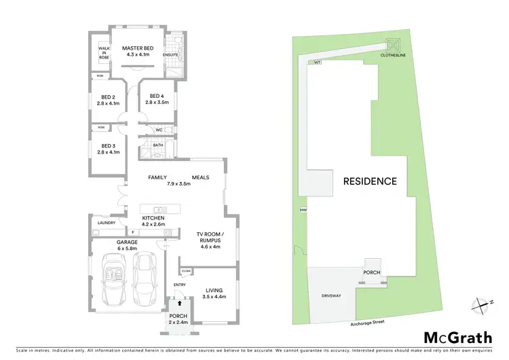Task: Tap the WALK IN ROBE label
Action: pos(104,53)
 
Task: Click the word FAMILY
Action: pos(158,177)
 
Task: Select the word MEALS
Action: pos(200,177)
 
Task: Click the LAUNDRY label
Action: pos(107,223)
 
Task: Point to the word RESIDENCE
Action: pos(369,181)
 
